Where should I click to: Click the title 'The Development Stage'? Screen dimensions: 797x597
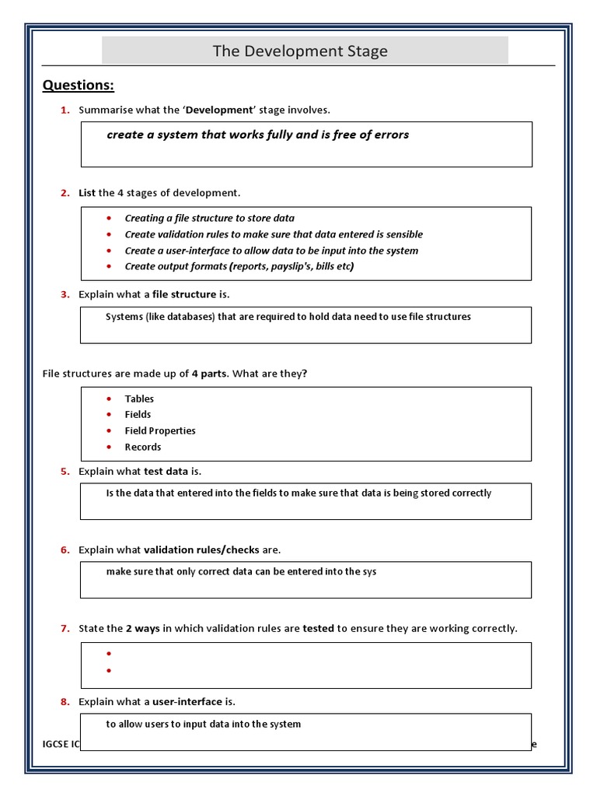300,51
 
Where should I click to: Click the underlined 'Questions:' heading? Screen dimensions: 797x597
78,85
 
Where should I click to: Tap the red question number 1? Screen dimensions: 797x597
65,110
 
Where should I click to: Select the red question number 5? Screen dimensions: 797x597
65,471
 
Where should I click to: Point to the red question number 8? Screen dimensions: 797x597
65,701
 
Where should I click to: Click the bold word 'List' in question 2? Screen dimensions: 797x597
87,192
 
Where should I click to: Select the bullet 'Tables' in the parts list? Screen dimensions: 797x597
139,398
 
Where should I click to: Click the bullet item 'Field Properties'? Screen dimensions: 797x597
160,430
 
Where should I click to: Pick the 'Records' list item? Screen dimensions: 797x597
143,447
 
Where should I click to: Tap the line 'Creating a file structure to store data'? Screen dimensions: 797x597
209,218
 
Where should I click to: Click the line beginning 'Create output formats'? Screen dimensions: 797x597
239,266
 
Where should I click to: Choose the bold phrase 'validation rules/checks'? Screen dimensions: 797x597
201,549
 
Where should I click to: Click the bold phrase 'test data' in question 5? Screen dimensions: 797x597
166,471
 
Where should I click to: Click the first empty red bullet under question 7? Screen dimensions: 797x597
109,654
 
